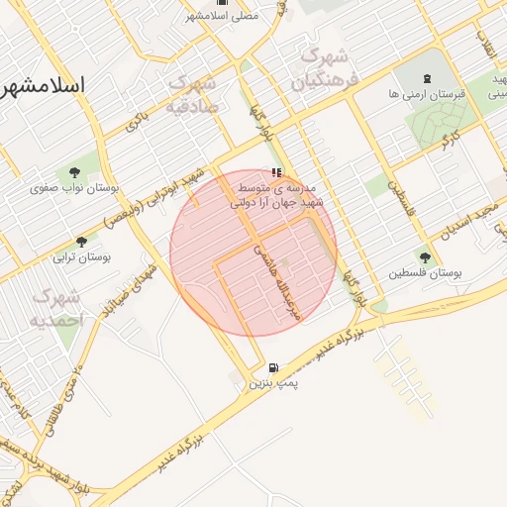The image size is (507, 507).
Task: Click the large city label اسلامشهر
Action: pyautogui.click(x=44, y=85)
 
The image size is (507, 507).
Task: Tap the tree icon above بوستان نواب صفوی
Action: pyautogui.click(x=75, y=171)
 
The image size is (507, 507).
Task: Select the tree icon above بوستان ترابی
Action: pyautogui.click(x=81, y=241)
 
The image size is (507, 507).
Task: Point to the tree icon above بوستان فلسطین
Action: pyautogui.click(x=426, y=256)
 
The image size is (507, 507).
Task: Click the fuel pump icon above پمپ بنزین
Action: pyautogui.click(x=272, y=366)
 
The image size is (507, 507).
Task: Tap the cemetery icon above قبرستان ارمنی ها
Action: pyautogui.click(x=427, y=79)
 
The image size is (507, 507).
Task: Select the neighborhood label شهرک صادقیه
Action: pyautogui.click(x=191, y=93)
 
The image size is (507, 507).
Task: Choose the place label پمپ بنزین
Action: pyautogui.click(x=272, y=381)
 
